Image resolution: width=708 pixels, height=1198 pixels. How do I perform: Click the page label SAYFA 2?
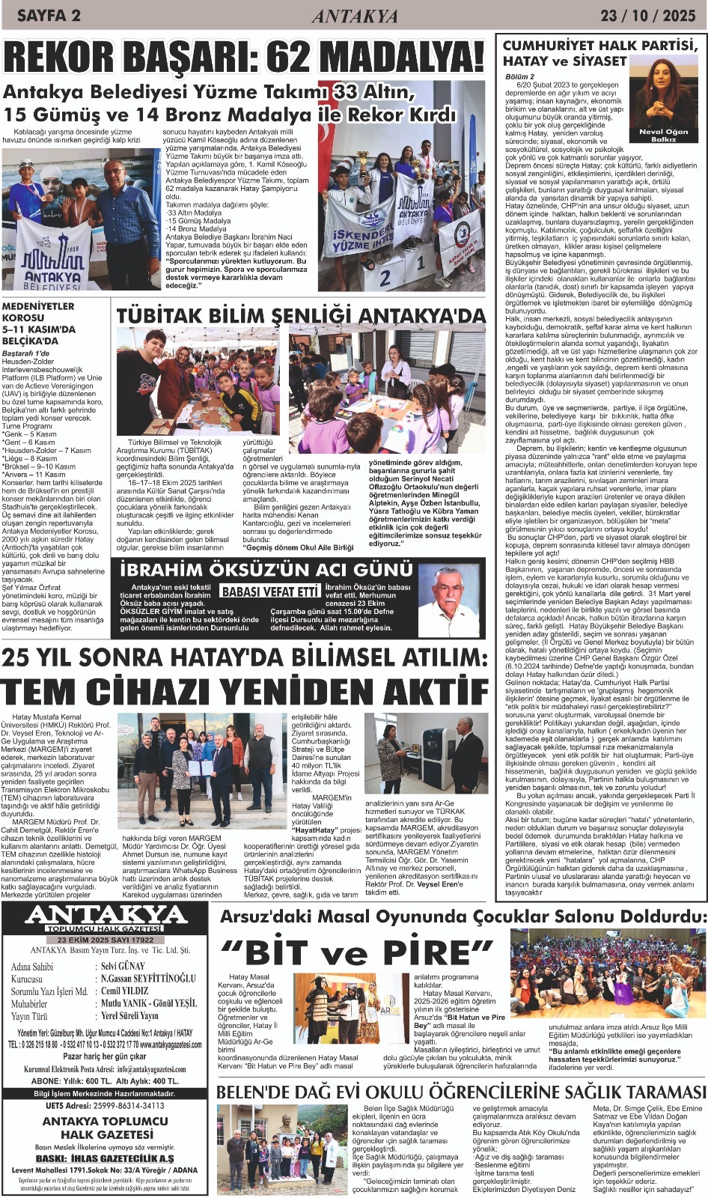coord(49,15)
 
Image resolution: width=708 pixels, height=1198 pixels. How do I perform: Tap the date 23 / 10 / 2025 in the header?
coord(648,15)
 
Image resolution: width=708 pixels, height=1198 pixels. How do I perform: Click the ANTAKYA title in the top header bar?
coord(355,16)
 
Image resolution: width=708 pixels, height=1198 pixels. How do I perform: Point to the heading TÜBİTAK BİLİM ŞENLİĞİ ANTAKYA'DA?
coord(301,316)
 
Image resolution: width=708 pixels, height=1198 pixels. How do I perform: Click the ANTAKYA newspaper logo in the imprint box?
coord(106,915)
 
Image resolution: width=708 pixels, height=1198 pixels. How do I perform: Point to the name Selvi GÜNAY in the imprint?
coord(123,967)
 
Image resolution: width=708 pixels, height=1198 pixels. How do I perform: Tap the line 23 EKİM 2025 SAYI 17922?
coord(106,940)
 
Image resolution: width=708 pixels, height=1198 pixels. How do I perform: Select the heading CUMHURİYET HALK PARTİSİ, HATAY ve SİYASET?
coord(599,52)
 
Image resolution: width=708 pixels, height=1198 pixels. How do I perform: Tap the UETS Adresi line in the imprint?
coord(105,1105)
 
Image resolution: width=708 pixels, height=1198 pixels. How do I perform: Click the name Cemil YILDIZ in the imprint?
coord(125,991)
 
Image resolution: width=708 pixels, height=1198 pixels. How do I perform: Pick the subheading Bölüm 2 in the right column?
coord(520,76)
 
